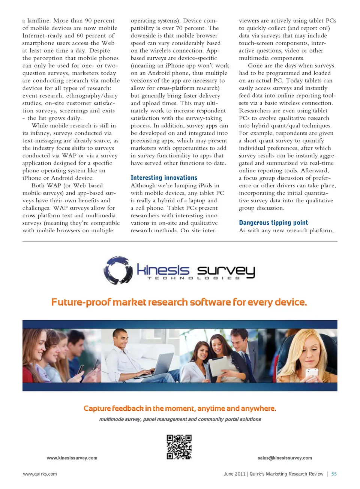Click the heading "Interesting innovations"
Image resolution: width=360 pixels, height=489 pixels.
coord(164,178)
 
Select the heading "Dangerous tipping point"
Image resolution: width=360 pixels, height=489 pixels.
coord(273,223)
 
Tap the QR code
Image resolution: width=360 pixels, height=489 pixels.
coord(179,447)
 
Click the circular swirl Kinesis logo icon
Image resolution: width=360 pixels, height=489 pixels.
coord(118,270)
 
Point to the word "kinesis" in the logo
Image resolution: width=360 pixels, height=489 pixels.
coord(163,270)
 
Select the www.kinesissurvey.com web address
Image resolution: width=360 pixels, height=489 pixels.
coord(72,458)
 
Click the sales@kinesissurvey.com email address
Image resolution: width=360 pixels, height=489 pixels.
coord(285,458)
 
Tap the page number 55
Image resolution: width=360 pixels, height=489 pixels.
coord(334,474)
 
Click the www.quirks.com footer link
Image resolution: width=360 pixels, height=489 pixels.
coord(40,474)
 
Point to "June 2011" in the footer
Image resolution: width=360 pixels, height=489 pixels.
coord(234,474)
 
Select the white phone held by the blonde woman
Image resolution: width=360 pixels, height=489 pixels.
coord(312,373)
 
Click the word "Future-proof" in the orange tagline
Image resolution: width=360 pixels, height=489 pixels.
coord(81,302)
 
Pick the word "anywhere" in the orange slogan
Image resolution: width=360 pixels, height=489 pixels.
coord(258,408)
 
